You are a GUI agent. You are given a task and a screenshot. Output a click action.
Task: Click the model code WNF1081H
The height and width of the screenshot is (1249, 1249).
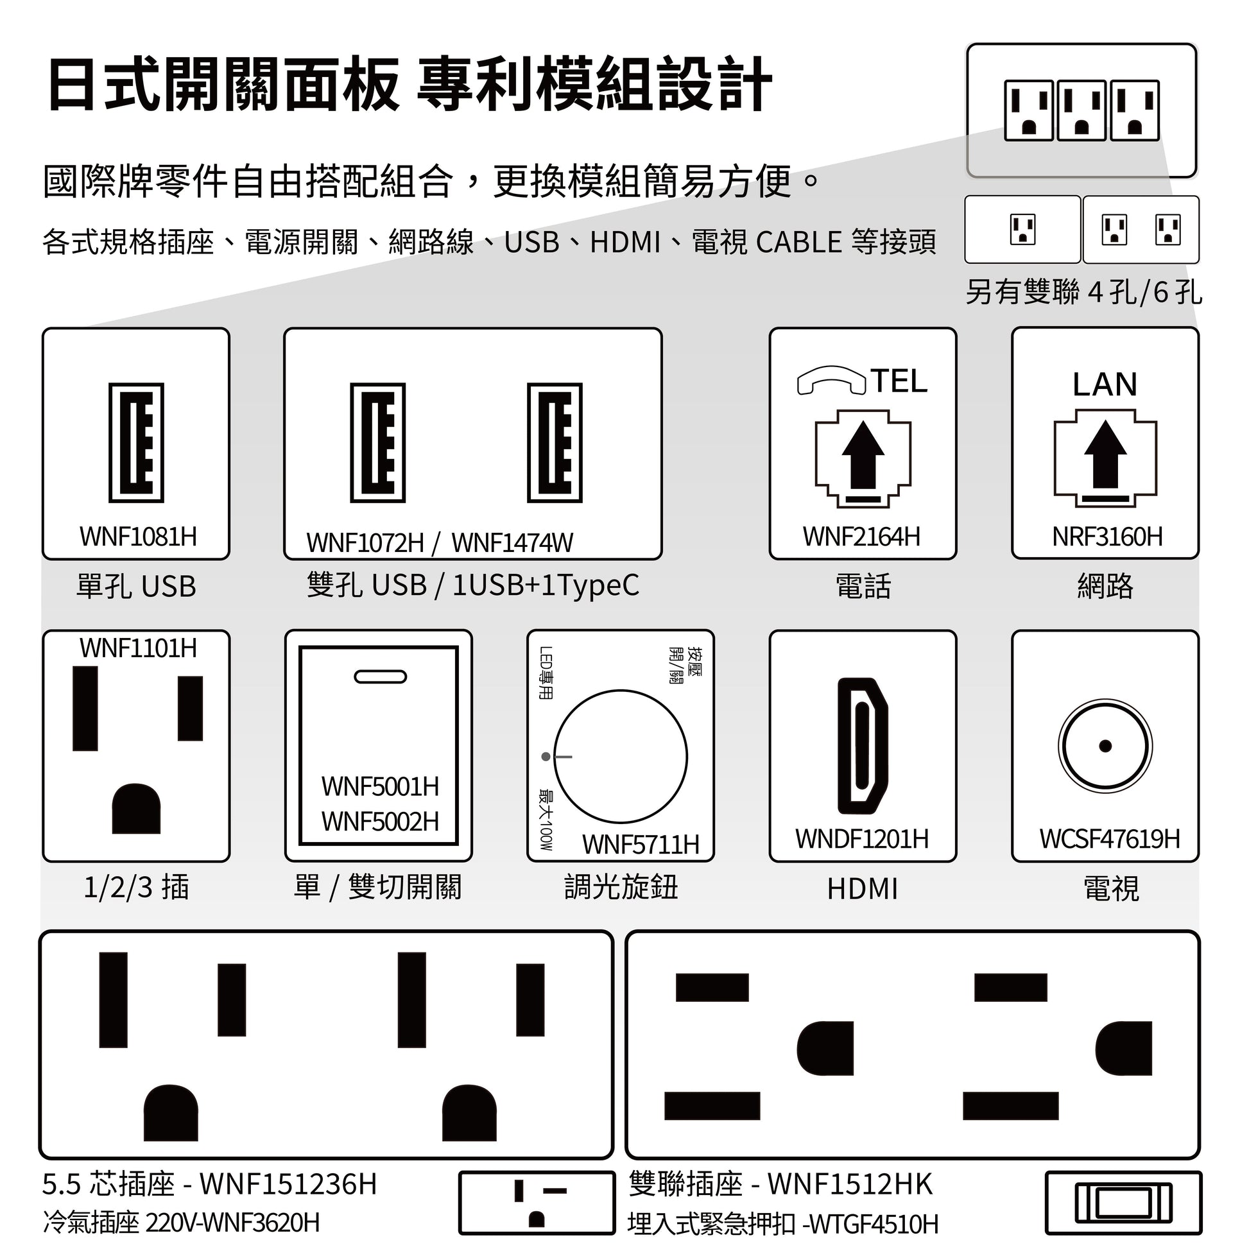(139, 537)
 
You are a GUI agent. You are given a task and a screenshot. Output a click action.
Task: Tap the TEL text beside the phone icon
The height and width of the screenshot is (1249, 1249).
(899, 381)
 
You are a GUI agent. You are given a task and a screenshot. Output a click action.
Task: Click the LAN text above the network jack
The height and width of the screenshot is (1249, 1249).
(1105, 384)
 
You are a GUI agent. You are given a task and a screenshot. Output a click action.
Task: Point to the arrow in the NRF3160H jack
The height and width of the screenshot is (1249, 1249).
(1105, 454)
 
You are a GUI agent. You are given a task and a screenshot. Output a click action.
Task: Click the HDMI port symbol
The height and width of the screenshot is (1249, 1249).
(863, 745)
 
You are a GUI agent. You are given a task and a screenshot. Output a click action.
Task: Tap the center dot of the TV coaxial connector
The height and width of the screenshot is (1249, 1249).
(1105, 746)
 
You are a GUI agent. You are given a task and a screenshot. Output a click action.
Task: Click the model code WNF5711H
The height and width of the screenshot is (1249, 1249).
(641, 844)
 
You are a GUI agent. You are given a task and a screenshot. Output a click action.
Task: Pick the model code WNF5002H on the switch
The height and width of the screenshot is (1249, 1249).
(380, 822)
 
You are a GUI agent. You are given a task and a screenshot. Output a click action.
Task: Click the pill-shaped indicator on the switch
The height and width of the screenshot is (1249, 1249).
(380, 677)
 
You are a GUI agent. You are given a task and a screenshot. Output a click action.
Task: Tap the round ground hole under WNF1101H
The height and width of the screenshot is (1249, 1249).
(136, 808)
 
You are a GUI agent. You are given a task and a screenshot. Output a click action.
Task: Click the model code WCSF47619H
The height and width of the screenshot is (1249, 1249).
(1109, 838)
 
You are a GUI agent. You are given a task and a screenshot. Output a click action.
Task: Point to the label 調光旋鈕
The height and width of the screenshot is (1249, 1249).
(621, 887)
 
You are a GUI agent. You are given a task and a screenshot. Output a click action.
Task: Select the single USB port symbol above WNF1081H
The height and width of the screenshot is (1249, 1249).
(136, 443)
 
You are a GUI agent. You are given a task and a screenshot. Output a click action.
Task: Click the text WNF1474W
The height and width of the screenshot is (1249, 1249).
(512, 543)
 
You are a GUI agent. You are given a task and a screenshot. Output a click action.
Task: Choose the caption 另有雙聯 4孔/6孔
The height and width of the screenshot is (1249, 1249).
(1083, 292)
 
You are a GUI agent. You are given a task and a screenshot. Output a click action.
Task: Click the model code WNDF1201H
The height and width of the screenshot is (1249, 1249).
(862, 838)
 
